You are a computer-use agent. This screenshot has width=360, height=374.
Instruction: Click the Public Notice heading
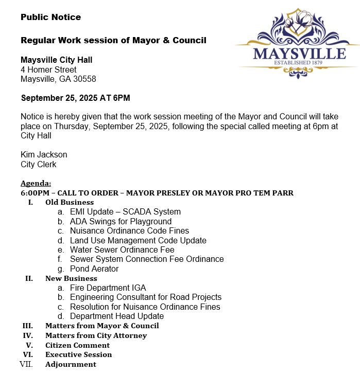(x=50, y=17)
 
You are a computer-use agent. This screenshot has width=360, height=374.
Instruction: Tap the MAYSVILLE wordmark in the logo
(x=299, y=53)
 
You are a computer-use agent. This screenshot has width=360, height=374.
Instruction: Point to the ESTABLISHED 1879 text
(x=299, y=63)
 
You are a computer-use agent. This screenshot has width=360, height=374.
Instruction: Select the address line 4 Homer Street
(x=48, y=69)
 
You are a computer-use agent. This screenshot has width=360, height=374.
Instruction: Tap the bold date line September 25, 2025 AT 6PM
(x=75, y=97)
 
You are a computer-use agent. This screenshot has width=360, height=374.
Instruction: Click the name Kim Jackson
(x=44, y=154)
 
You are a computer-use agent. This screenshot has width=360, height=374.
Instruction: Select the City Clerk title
(x=39, y=165)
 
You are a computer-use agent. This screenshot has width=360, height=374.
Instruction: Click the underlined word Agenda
(x=36, y=184)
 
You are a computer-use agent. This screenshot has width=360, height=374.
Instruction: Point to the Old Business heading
(x=70, y=202)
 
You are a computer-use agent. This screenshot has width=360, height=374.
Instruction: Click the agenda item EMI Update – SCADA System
(x=125, y=211)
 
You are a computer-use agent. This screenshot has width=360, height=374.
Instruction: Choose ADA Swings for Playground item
(x=121, y=221)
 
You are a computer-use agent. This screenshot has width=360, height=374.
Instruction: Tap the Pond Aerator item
(x=94, y=269)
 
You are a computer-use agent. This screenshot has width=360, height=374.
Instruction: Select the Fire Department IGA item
(x=108, y=288)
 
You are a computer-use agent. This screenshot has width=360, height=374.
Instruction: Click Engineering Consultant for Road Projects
(x=146, y=297)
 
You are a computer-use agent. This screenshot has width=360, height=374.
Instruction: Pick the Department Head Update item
(x=117, y=316)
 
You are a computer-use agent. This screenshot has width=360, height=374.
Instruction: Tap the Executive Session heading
(x=78, y=354)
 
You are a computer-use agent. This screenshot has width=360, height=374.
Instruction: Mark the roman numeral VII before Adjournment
(x=26, y=364)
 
